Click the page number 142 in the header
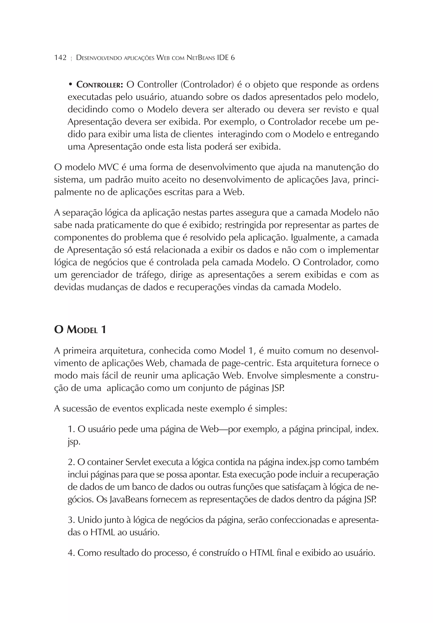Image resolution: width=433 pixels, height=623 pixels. point(60,58)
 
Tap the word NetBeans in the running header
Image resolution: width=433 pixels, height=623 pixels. point(201,58)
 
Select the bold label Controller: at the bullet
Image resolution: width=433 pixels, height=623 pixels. point(100,85)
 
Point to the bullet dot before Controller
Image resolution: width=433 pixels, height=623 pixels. point(70,85)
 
